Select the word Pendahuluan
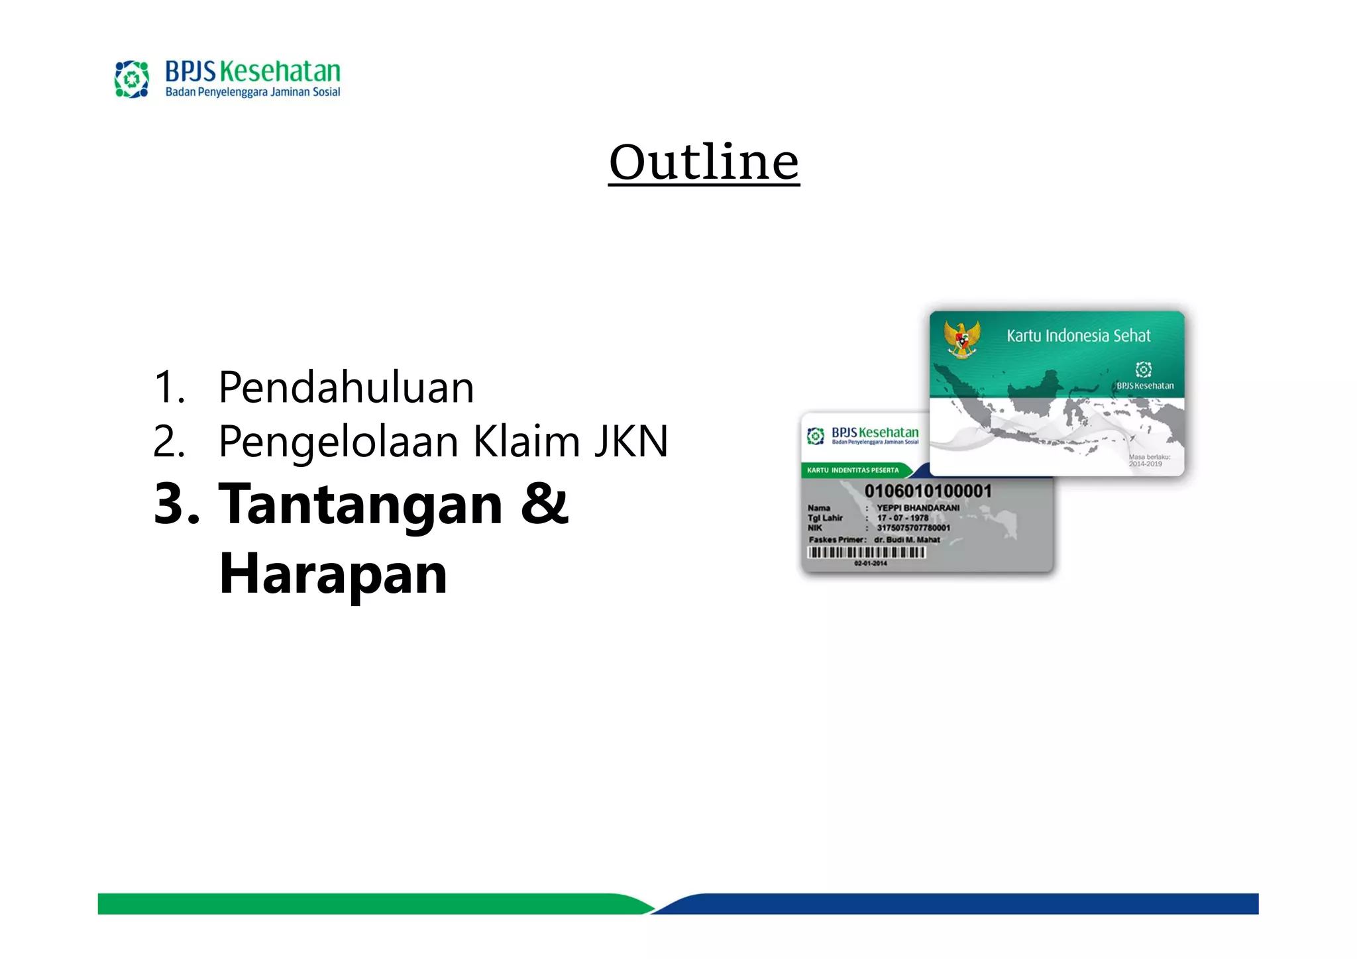coord(346,387)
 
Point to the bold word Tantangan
coord(360,505)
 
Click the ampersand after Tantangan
coord(545,503)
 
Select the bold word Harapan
coord(333,574)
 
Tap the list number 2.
coord(168,442)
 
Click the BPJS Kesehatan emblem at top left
coord(132,79)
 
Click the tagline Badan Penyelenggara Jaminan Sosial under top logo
coord(252,92)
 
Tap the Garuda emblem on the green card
coord(961,338)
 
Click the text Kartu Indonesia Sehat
coord(1078,336)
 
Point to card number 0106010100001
coord(928,491)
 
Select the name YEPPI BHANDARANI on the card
coord(918,508)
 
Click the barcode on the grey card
coord(866,552)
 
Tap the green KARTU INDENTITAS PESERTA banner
coord(853,470)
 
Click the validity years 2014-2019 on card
coord(1146,464)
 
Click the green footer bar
coord(364,903)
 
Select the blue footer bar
coord(961,903)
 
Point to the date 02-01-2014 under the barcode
coord(870,564)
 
